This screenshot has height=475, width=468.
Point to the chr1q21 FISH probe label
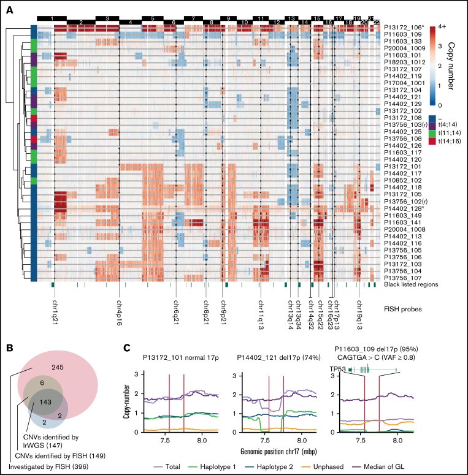(54, 313)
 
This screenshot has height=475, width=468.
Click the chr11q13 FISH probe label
(260, 313)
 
